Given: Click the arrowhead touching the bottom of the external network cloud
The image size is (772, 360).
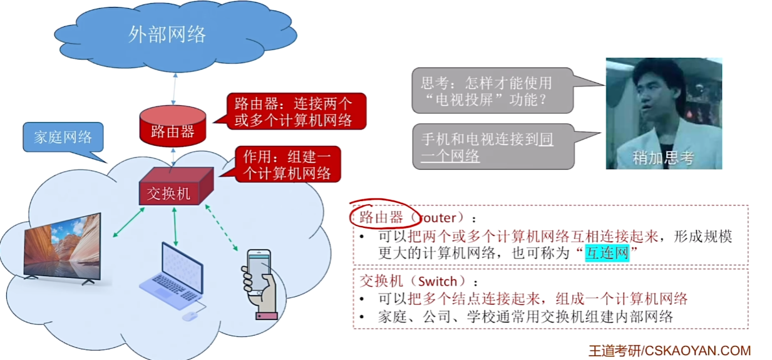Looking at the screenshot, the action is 175,75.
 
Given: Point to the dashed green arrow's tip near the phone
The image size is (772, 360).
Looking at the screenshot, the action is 237,250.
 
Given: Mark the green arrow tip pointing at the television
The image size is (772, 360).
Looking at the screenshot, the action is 114,236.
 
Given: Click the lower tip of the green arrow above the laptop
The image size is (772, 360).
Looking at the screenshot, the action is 175,245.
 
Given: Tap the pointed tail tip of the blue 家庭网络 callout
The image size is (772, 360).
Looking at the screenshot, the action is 107,163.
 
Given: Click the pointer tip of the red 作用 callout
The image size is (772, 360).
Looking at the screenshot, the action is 220,177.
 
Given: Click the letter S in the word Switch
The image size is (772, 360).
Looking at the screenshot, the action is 422,282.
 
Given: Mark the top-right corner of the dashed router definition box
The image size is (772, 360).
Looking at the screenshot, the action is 748,205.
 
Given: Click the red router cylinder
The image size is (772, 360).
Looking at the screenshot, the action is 173,126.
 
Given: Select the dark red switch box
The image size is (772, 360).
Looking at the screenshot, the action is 176,186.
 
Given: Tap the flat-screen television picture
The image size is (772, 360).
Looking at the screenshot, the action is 63,249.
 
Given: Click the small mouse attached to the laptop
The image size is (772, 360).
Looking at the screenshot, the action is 190,316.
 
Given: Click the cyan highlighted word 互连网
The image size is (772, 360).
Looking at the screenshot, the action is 607,253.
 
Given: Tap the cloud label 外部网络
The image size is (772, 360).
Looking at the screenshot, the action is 167,34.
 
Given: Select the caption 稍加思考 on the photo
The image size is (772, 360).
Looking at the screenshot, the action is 663,158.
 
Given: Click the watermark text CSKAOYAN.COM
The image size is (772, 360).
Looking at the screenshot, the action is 697,351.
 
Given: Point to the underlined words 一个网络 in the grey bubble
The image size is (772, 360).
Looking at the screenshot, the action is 450,156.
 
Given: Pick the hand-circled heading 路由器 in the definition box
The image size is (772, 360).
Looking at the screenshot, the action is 381,217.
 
